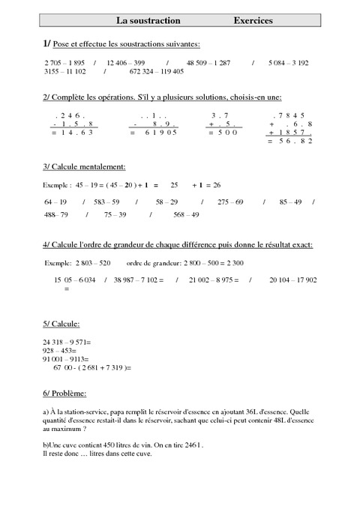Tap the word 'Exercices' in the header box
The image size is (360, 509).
(x=253, y=20)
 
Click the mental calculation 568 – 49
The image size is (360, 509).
(x=186, y=215)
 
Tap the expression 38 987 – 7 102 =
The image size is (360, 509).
(x=139, y=280)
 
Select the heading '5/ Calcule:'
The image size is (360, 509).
(x=62, y=324)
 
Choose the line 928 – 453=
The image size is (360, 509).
(x=61, y=351)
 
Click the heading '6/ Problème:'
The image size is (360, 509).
(x=65, y=394)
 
